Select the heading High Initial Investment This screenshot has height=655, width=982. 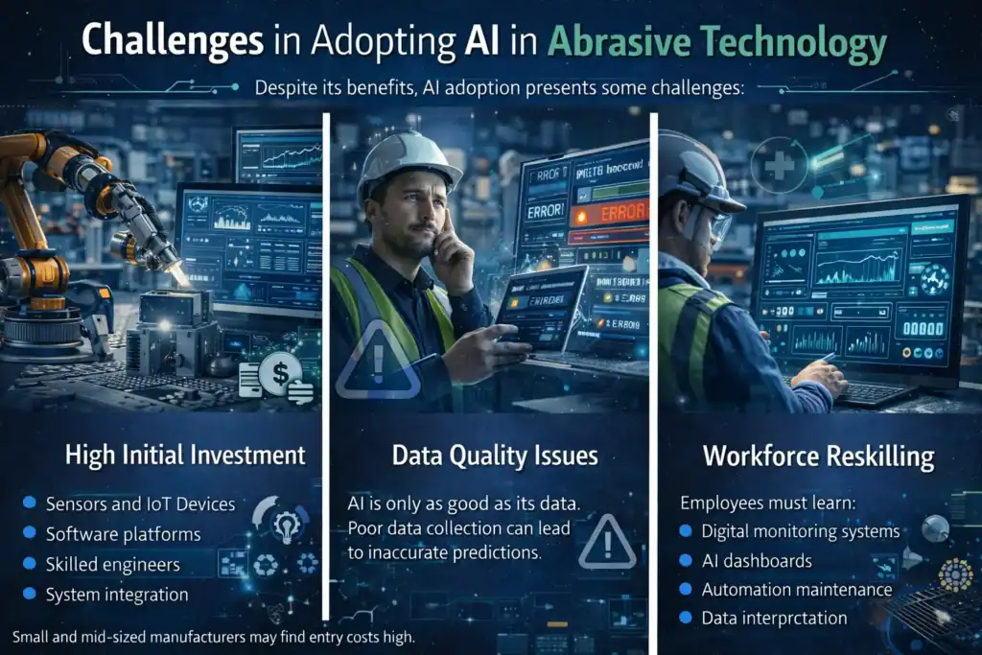[x=185, y=454]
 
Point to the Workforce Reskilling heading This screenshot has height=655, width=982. [x=818, y=456]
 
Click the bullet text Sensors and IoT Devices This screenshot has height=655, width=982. [x=140, y=504]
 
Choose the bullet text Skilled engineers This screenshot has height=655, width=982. [x=112, y=564]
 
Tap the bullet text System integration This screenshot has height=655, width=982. [x=117, y=595]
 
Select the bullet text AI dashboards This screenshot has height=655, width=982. [x=757, y=560]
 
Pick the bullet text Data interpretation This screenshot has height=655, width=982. [x=774, y=619]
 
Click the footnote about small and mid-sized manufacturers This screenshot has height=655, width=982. [x=214, y=637]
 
